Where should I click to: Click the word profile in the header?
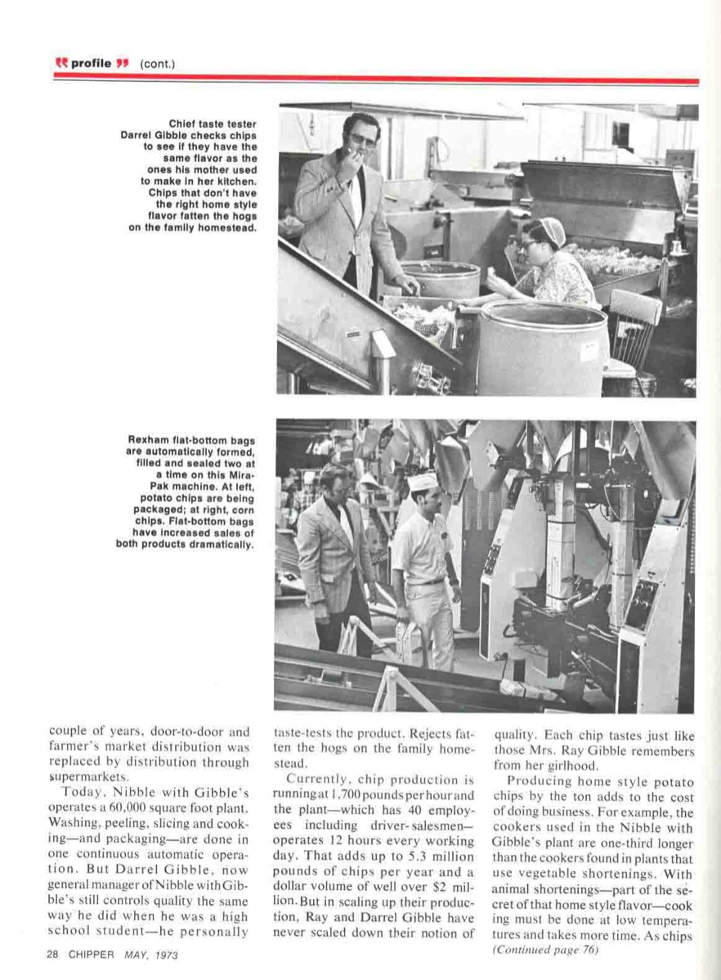click(x=94, y=63)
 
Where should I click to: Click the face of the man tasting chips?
click(x=360, y=141)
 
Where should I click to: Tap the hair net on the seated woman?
click(x=555, y=230)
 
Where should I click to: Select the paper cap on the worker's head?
click(x=422, y=483)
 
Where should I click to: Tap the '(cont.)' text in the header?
click(x=158, y=63)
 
